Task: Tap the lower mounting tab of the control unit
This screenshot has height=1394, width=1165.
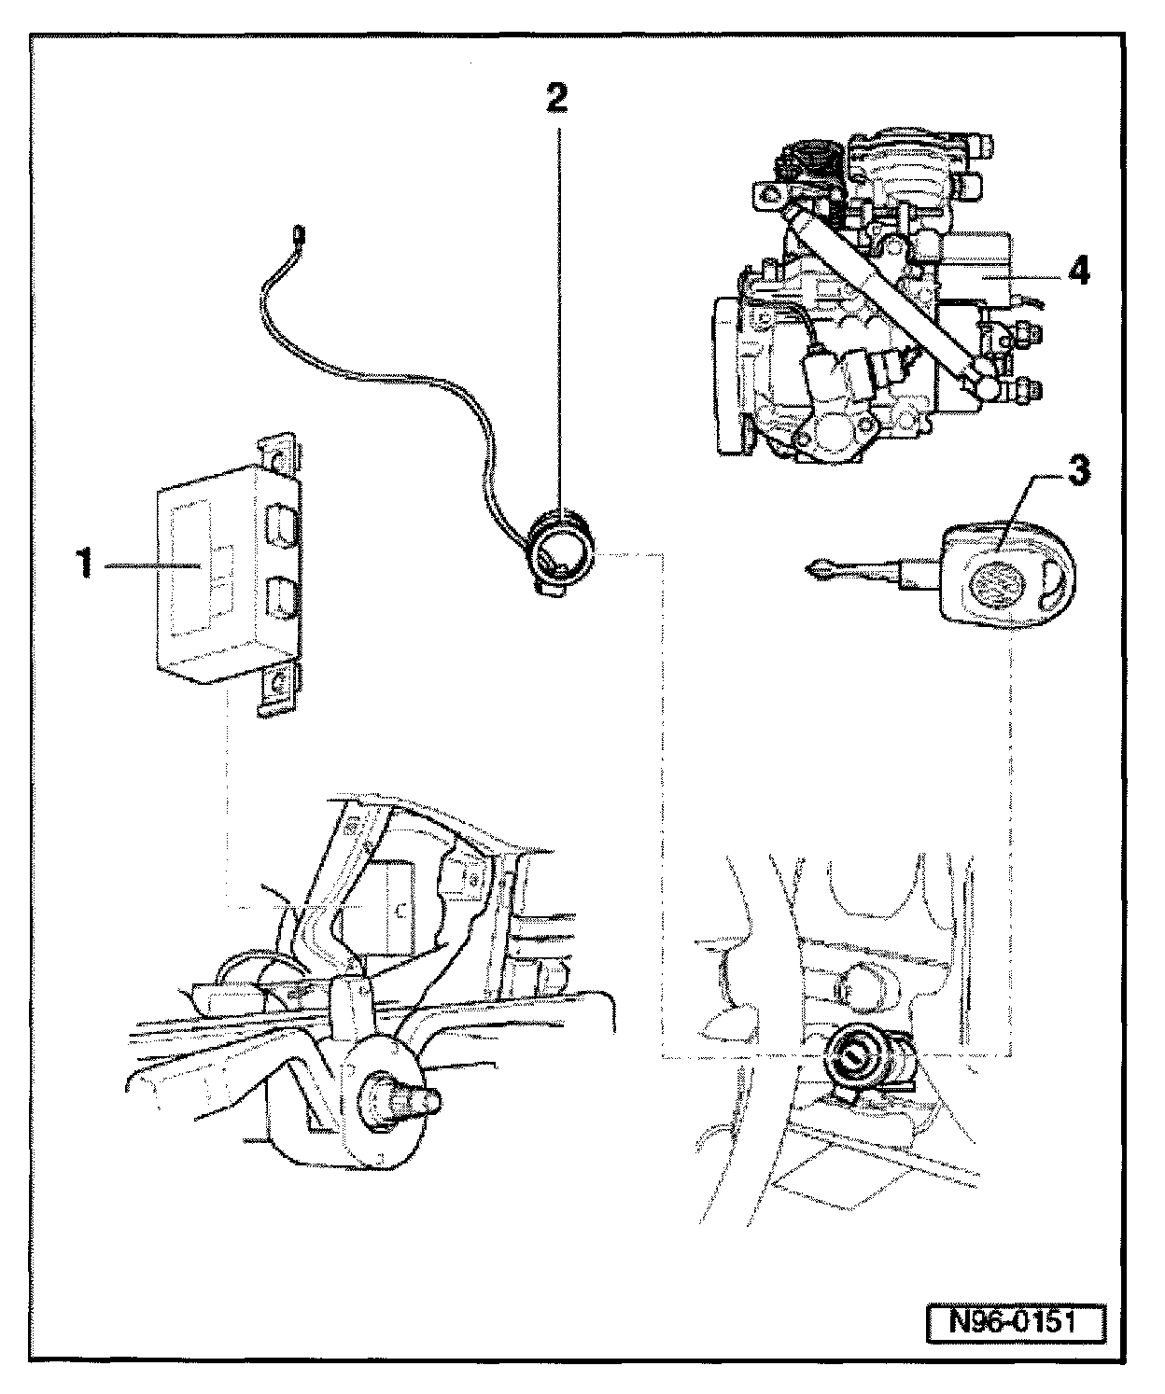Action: pyautogui.click(x=276, y=689)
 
